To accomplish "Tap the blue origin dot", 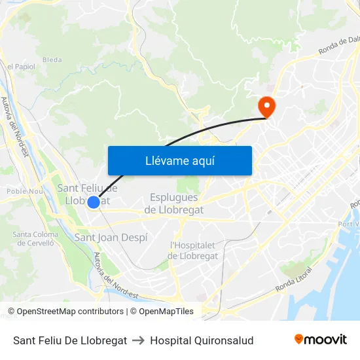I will click(94, 203).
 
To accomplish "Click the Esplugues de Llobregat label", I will click(173, 204).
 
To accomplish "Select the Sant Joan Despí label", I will click(111, 237).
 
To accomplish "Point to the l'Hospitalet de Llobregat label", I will click(193, 251).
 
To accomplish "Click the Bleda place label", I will click(52, 60).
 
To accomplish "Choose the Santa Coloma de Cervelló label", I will click(35, 239).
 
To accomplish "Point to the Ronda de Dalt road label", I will click(339, 44).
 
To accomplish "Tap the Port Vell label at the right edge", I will click(348, 225).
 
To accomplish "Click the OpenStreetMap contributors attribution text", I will click(69, 312).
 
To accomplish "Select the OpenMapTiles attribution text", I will click(166, 312).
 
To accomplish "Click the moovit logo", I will click(320, 339).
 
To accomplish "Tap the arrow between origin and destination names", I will click(138, 340).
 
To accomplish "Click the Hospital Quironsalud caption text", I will click(202, 340).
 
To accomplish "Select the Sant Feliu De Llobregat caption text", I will click(70, 340).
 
